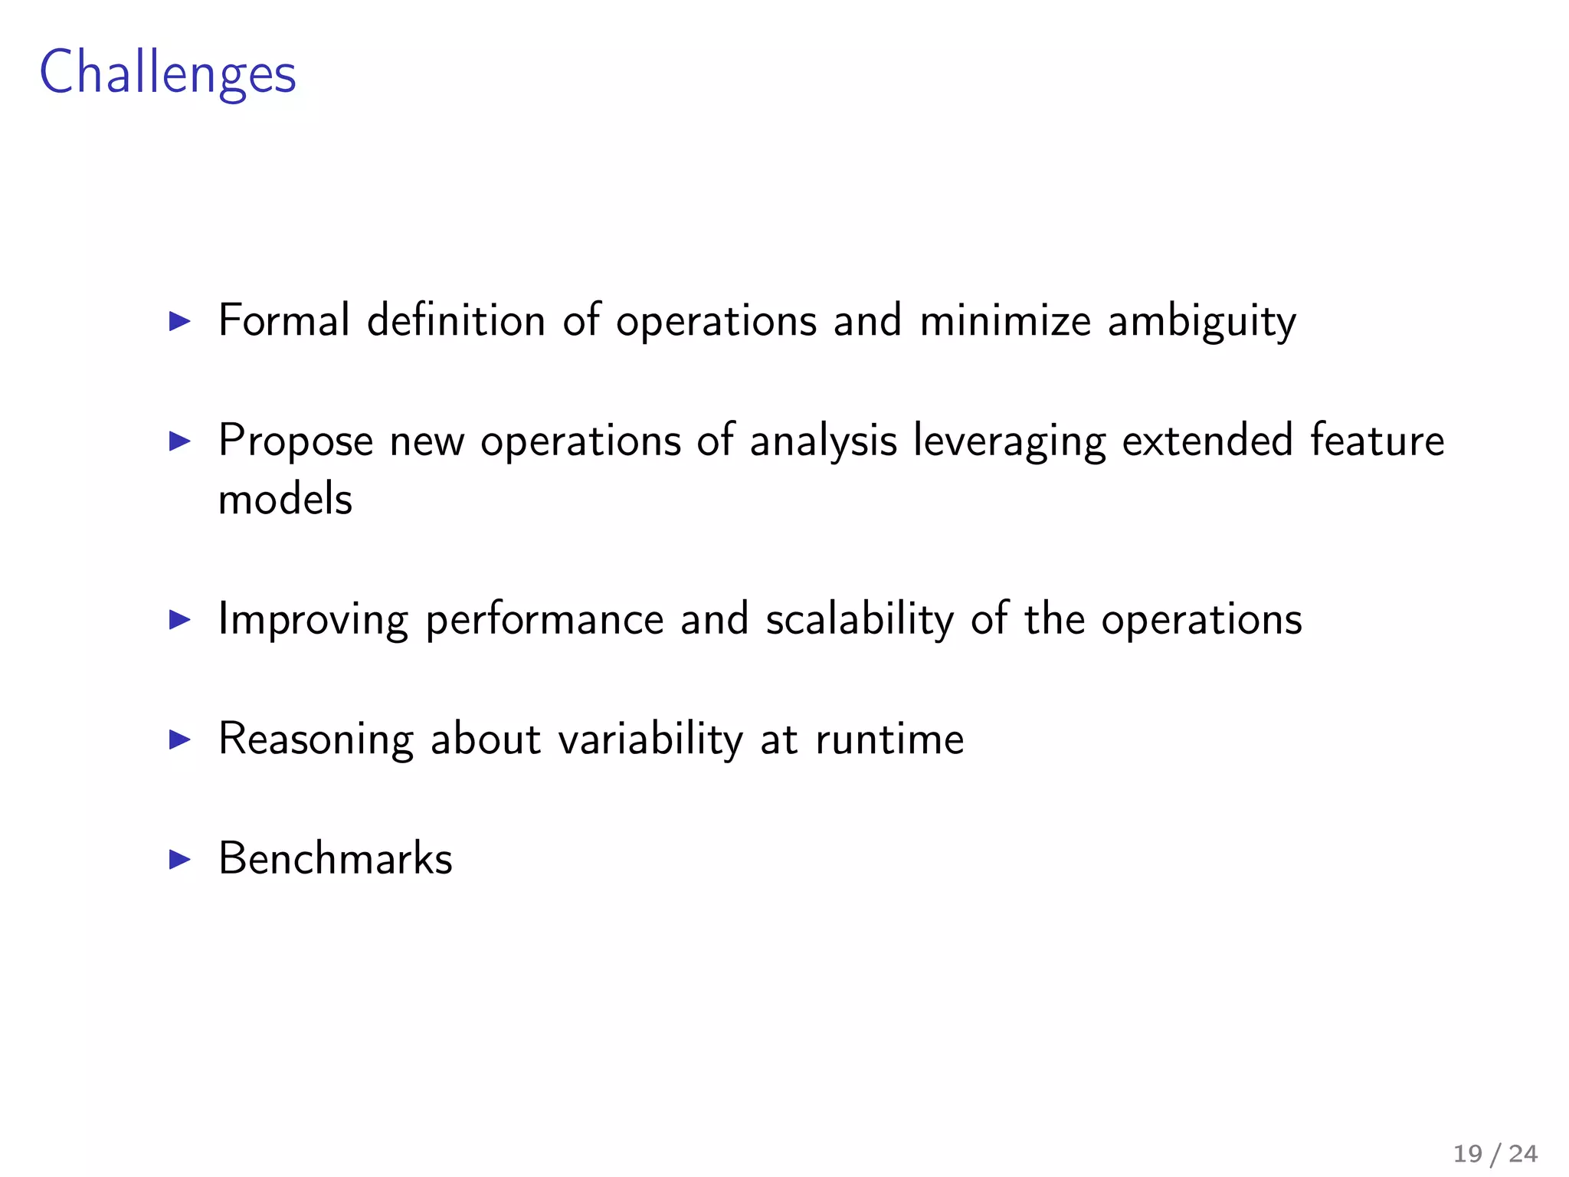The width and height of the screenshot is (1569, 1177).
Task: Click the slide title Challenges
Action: point(167,74)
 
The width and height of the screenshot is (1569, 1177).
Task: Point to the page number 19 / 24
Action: point(1495,1153)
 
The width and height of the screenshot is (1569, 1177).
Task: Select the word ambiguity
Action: point(1201,322)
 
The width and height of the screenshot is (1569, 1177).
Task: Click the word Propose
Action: point(296,441)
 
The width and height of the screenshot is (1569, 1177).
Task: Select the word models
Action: point(285,499)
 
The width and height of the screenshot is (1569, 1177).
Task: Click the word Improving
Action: point(313,620)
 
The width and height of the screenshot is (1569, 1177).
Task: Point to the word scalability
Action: point(860,620)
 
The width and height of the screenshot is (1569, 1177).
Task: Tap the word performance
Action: point(544,620)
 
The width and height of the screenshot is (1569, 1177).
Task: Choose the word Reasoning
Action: point(316,740)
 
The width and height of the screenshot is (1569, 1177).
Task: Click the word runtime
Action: point(889,739)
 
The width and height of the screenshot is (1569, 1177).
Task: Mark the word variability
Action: point(650,740)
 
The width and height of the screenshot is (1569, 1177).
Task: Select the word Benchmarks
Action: point(336,858)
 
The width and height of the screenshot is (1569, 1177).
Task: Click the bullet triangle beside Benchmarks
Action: point(179,859)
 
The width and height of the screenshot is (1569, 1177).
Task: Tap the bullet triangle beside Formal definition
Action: point(179,321)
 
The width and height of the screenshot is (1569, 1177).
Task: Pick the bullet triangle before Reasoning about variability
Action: point(179,739)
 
